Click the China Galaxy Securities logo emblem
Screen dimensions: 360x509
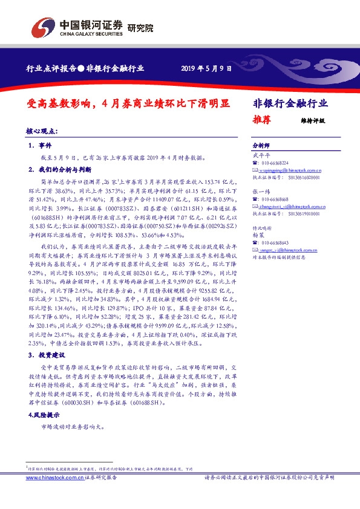click(x=43, y=27)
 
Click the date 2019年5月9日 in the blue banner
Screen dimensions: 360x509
click(x=206, y=69)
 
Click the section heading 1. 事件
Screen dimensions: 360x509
click(x=42, y=146)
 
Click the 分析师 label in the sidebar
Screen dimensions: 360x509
click(x=261, y=146)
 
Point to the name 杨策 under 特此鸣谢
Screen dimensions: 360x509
click(x=258, y=235)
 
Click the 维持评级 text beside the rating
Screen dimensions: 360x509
click(x=313, y=120)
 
